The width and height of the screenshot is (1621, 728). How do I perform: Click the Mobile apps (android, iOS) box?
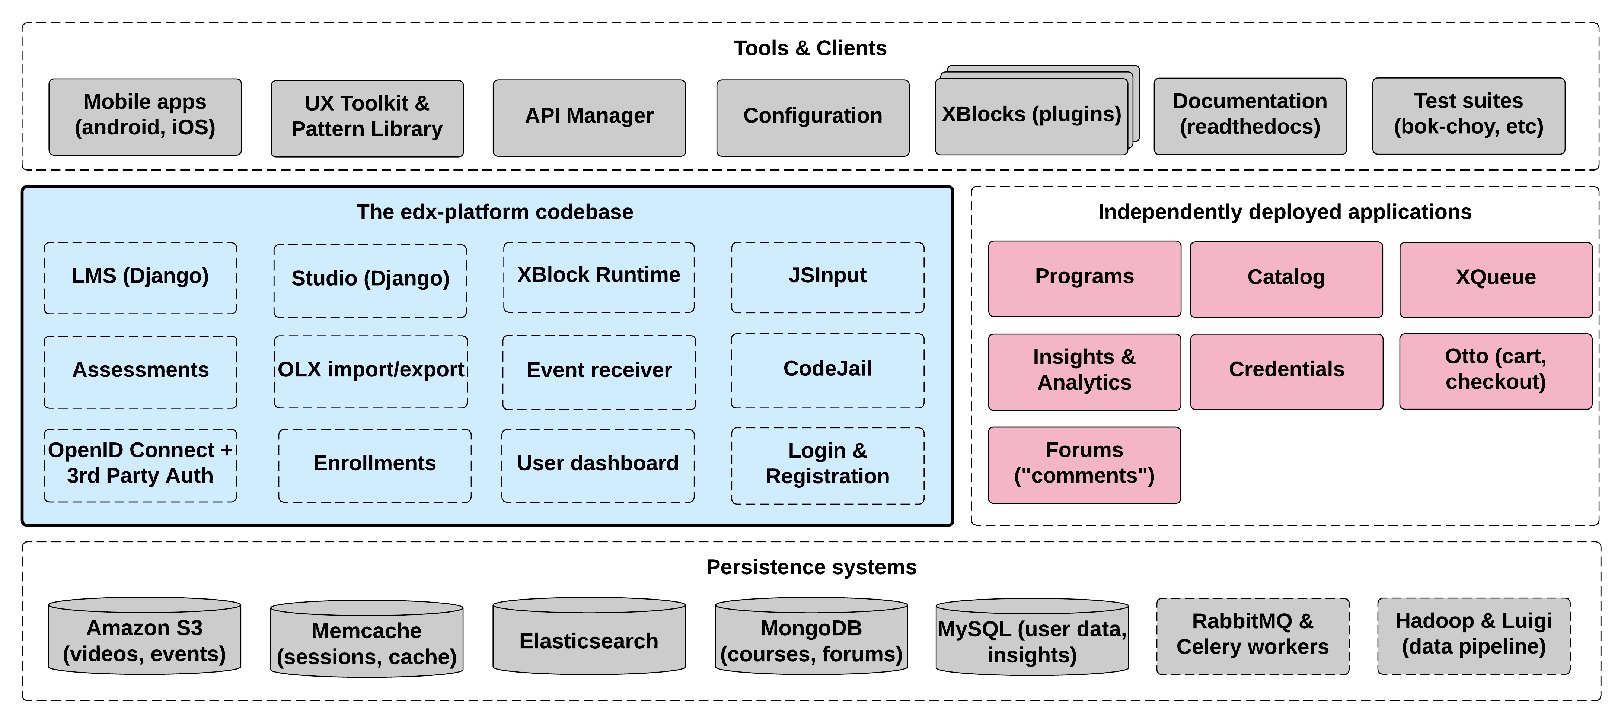tap(145, 117)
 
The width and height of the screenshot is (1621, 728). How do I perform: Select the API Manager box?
tap(589, 117)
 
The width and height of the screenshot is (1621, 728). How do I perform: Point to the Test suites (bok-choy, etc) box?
tap(1468, 115)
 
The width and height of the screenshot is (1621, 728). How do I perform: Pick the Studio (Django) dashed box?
tap(370, 280)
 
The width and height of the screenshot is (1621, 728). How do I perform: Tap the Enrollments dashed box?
tap(374, 465)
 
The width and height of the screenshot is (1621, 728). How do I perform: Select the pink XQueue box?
tap(1495, 279)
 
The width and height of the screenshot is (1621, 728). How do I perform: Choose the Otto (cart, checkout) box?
tap(1495, 371)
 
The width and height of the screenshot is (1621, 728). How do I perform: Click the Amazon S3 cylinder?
tap(144, 639)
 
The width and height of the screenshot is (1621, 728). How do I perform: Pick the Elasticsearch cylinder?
tap(589, 639)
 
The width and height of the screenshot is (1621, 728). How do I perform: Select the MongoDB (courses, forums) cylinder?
tap(811, 639)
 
